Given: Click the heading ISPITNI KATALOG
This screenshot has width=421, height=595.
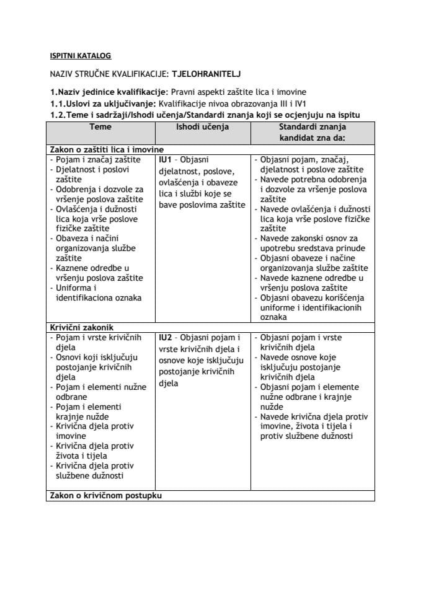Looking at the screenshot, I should (80, 55).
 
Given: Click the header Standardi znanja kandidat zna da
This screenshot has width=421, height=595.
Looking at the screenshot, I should (312, 132).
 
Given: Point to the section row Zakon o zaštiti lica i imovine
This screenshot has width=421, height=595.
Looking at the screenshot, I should (107, 149).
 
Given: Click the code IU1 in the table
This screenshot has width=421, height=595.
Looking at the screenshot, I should (166, 159).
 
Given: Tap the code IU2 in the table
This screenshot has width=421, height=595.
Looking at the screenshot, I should (166, 337).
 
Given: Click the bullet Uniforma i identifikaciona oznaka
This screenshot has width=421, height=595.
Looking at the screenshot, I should (98, 293).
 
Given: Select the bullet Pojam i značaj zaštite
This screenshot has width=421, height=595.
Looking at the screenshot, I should (95, 159).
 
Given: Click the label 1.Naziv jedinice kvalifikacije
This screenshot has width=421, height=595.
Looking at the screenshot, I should (109, 91).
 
